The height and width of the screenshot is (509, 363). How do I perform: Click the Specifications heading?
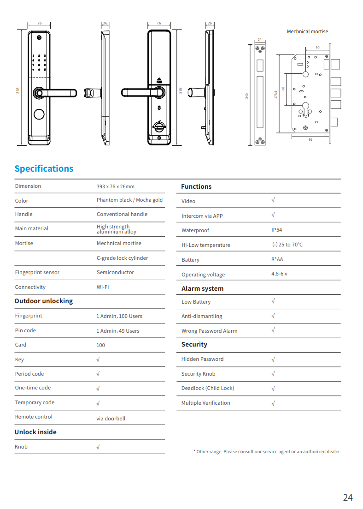pyautogui.click(x=44, y=168)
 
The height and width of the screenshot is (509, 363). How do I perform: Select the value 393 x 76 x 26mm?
pyautogui.click(x=116, y=186)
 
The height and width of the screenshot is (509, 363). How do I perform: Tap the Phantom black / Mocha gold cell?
pyautogui.click(x=129, y=200)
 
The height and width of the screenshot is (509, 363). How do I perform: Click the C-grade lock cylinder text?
pyautogui.click(x=122, y=258)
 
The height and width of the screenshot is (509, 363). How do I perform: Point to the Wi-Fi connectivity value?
pyautogui.click(x=103, y=287)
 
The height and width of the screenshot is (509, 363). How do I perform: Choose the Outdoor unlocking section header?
pyautogui.click(x=44, y=301)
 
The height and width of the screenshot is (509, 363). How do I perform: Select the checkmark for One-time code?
pyautogui.click(x=98, y=389)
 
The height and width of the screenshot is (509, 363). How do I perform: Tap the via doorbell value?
pyautogui.click(x=111, y=419)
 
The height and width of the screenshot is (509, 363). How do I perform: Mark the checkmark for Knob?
pyautogui.click(x=98, y=447)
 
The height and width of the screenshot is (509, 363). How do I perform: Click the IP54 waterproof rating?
pyautogui.click(x=276, y=230)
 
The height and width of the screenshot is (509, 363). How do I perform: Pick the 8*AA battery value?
pyautogui.click(x=277, y=259)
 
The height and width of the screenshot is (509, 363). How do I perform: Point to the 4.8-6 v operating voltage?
pyautogui.click(x=279, y=274)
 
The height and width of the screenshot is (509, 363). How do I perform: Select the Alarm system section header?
pyautogui.click(x=202, y=288)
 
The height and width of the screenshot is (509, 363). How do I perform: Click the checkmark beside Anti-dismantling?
pyautogui.click(x=273, y=316)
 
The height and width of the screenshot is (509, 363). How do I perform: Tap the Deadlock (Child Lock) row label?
pyautogui.click(x=207, y=388)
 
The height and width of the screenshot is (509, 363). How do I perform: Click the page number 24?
pyautogui.click(x=348, y=497)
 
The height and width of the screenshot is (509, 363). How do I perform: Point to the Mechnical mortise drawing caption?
pyautogui.click(x=307, y=31)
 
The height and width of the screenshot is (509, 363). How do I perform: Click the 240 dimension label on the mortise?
pyautogui.click(x=247, y=96)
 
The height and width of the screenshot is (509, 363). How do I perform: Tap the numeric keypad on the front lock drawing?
pyautogui.click(x=39, y=62)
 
